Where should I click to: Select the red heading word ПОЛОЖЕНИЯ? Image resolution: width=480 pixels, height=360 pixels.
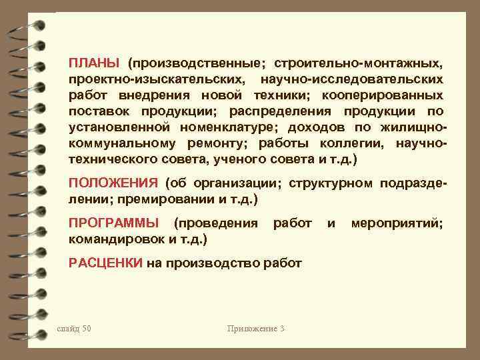(x=113, y=183)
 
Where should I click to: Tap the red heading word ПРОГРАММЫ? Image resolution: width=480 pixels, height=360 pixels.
(x=114, y=223)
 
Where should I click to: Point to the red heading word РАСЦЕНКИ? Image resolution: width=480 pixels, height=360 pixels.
(x=105, y=263)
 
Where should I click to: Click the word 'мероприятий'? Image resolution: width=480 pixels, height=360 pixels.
(x=397, y=223)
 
